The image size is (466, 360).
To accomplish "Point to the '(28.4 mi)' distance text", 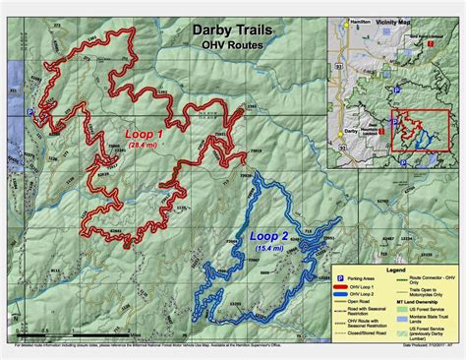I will point(145,145).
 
